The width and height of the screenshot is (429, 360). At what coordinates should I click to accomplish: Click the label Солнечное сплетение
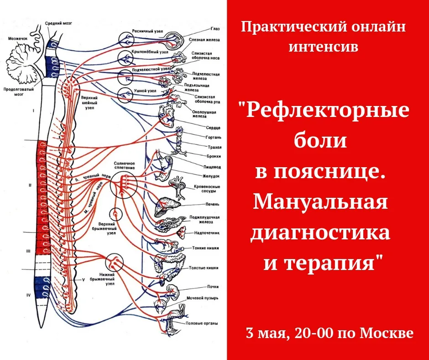(x=125, y=165)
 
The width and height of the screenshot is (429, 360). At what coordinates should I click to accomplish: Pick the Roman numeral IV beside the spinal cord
(x=28, y=296)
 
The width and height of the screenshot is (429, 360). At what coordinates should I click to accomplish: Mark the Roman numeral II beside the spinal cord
(x=30, y=185)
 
